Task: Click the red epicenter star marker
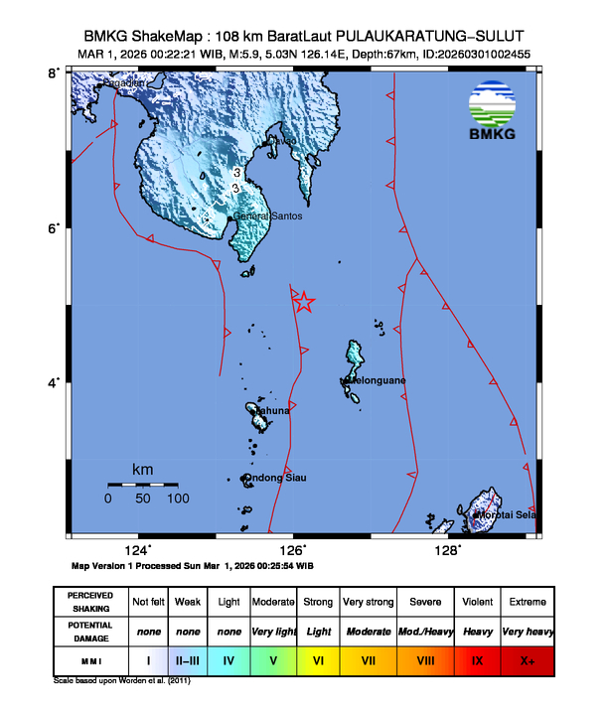click(x=304, y=302)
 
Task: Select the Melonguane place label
click(x=374, y=380)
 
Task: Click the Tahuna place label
click(x=272, y=410)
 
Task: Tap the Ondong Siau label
click(x=274, y=478)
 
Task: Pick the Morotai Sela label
click(x=507, y=514)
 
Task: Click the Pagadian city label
click(x=125, y=84)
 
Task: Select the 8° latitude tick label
click(x=57, y=72)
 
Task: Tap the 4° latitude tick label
click(x=57, y=383)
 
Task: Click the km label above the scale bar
click(x=143, y=468)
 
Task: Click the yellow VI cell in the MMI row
click(x=318, y=658)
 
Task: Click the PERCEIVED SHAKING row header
click(x=89, y=602)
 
